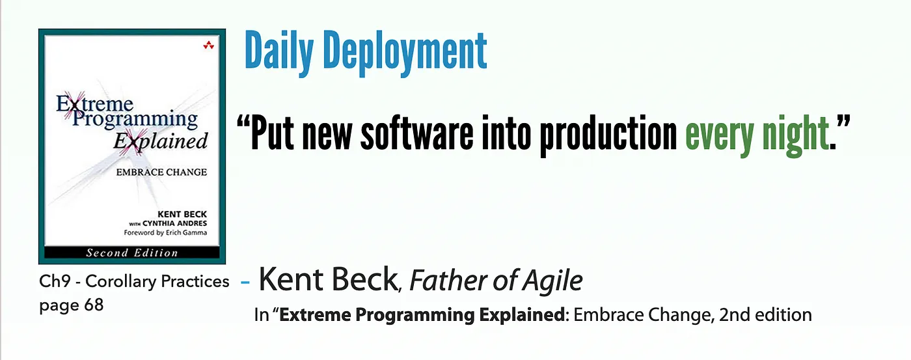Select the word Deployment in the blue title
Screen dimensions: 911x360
point(405,53)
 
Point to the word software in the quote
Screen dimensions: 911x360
point(417,133)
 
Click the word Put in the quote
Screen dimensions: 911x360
point(272,133)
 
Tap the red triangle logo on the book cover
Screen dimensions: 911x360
point(209,45)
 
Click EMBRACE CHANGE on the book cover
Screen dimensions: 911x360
point(161,172)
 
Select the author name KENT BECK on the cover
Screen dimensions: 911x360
point(182,214)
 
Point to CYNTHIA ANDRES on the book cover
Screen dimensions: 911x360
point(174,223)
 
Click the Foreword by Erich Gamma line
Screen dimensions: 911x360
point(165,232)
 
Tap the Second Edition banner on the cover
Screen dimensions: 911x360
point(132,253)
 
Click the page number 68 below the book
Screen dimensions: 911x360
point(94,305)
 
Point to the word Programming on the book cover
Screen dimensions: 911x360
point(135,120)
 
